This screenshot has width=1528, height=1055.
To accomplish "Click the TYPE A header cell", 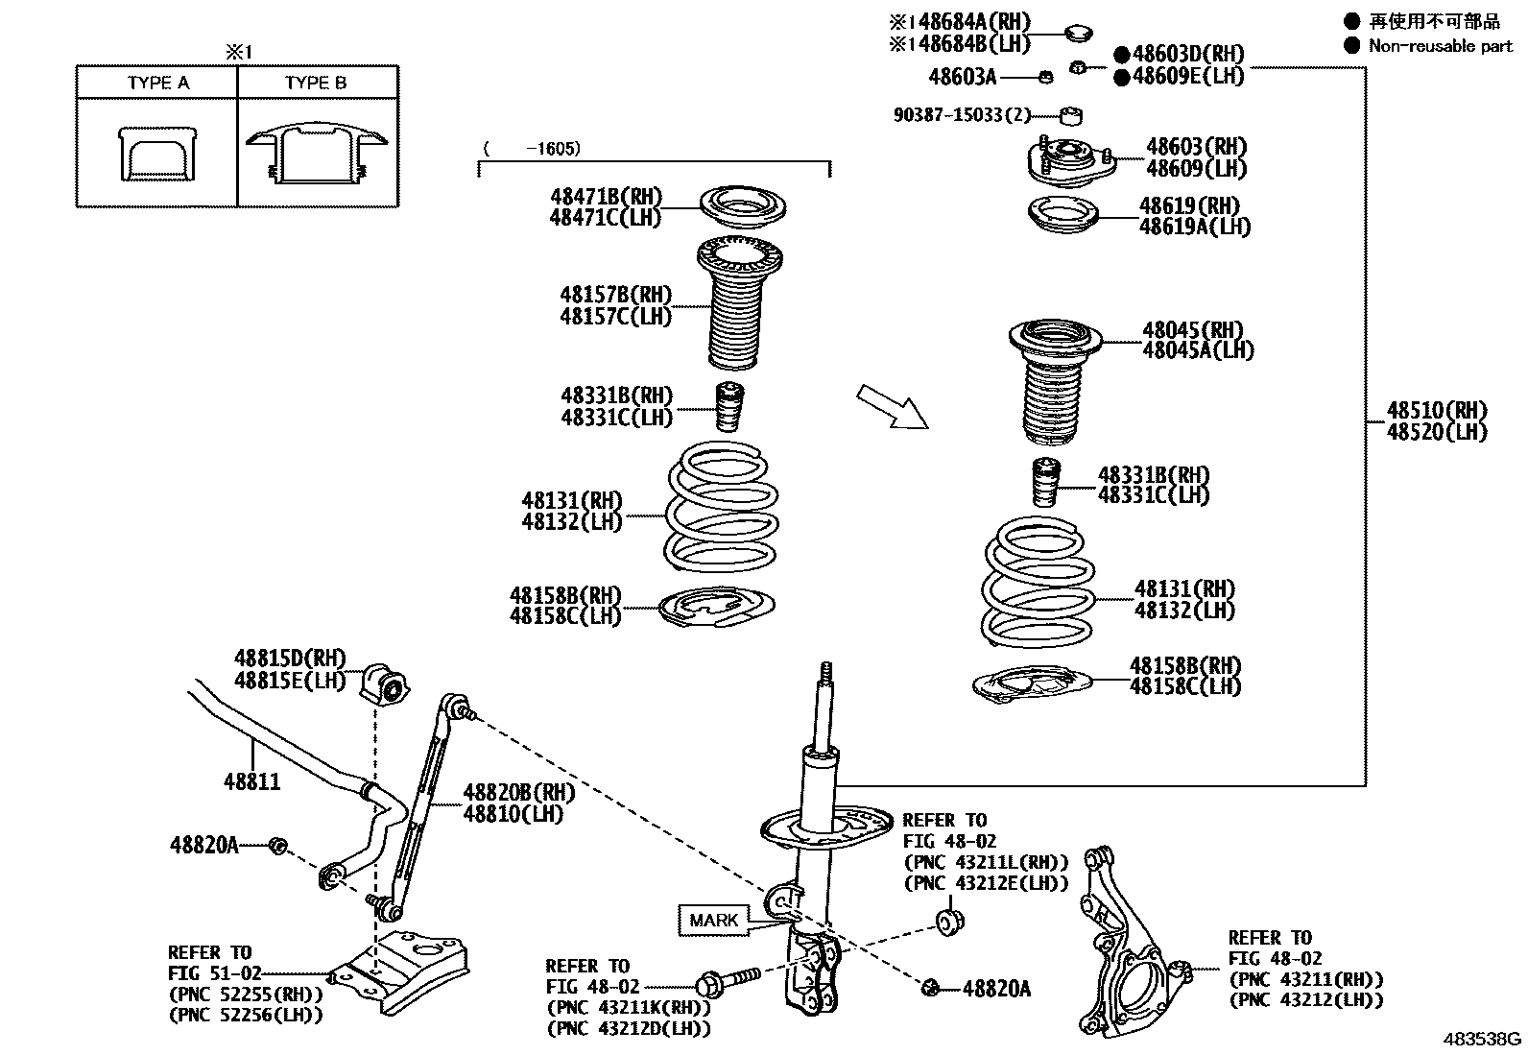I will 157,83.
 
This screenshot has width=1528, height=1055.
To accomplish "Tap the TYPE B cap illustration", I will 316,154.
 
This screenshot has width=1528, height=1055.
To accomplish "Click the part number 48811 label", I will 252,780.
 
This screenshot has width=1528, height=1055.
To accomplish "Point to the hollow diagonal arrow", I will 892,406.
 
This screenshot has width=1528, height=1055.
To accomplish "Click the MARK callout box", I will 714,920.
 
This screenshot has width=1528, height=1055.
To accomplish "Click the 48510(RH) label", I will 1436,411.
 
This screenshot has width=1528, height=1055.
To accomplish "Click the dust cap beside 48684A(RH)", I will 1080,33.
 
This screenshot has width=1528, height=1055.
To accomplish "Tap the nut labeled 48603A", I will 1048,77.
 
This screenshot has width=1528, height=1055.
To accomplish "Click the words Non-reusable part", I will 1440,45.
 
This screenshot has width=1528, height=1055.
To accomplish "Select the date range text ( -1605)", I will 534,149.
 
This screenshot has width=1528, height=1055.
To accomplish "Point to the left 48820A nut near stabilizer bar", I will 277,846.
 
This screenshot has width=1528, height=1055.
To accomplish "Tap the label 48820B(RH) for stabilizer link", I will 518,793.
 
